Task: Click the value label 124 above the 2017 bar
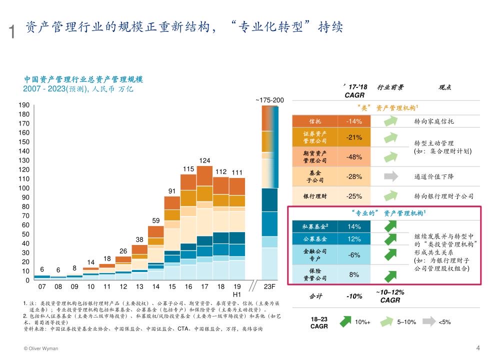click(x=204, y=160)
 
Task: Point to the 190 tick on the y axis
click(x=24, y=105)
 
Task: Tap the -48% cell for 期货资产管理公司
click(x=354, y=157)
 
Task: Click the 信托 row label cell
click(x=315, y=121)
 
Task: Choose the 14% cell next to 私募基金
click(x=354, y=226)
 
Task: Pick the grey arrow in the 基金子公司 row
click(x=390, y=176)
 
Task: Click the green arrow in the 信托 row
click(x=390, y=121)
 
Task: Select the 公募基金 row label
click(x=315, y=239)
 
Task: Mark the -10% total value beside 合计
click(x=354, y=296)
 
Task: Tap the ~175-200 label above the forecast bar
click(x=270, y=100)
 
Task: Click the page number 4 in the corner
click(x=478, y=348)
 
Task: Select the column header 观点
click(x=444, y=87)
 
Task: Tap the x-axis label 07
click(x=42, y=286)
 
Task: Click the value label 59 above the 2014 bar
click(x=156, y=220)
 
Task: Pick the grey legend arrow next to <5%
click(x=428, y=321)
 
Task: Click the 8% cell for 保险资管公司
click(x=354, y=274)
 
